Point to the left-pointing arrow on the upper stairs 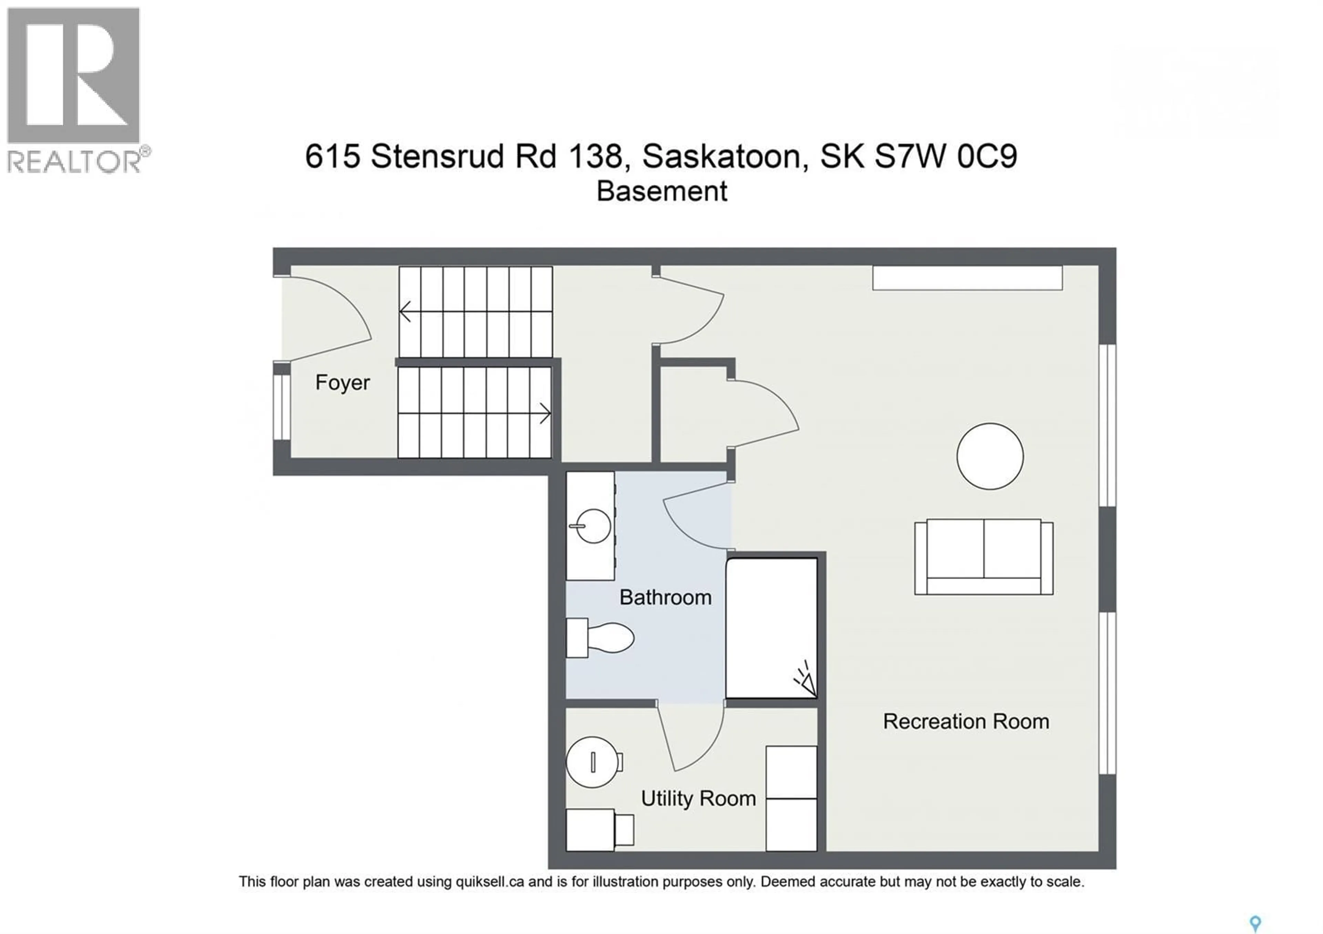point(406,312)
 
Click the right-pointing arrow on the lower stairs point(544,414)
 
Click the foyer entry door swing point(331,317)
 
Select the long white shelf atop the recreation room point(966,278)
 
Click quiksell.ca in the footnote point(490,882)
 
